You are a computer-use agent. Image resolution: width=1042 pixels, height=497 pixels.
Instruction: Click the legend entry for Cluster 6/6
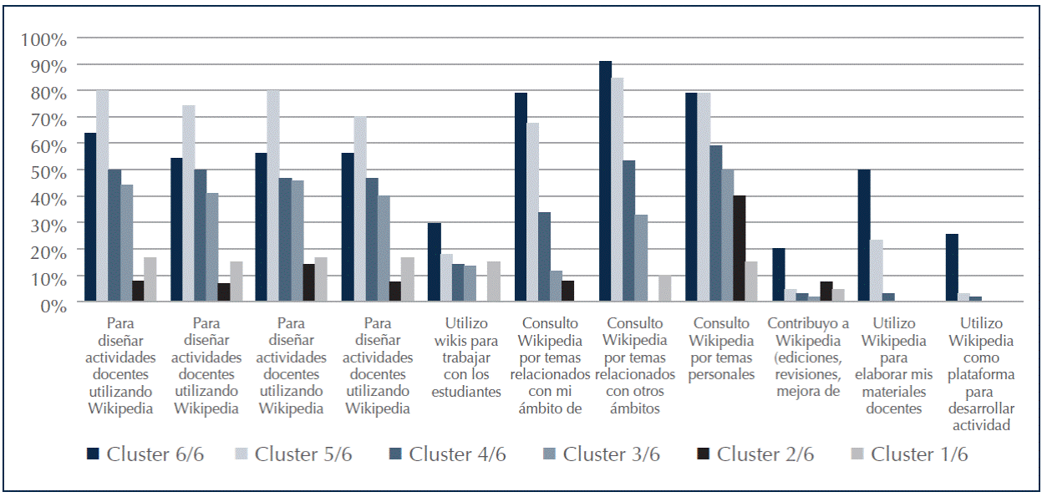[145, 454]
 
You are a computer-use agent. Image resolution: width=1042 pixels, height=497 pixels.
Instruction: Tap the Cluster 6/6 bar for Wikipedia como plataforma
[951, 267]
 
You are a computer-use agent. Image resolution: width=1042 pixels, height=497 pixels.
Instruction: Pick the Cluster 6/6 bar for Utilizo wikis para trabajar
[434, 262]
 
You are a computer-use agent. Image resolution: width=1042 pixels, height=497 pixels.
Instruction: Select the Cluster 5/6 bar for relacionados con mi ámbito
[532, 212]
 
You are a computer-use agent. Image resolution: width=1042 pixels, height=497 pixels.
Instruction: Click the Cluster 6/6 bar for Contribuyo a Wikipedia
[778, 275]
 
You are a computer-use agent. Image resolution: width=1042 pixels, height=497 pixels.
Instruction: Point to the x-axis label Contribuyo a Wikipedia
[808, 358]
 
